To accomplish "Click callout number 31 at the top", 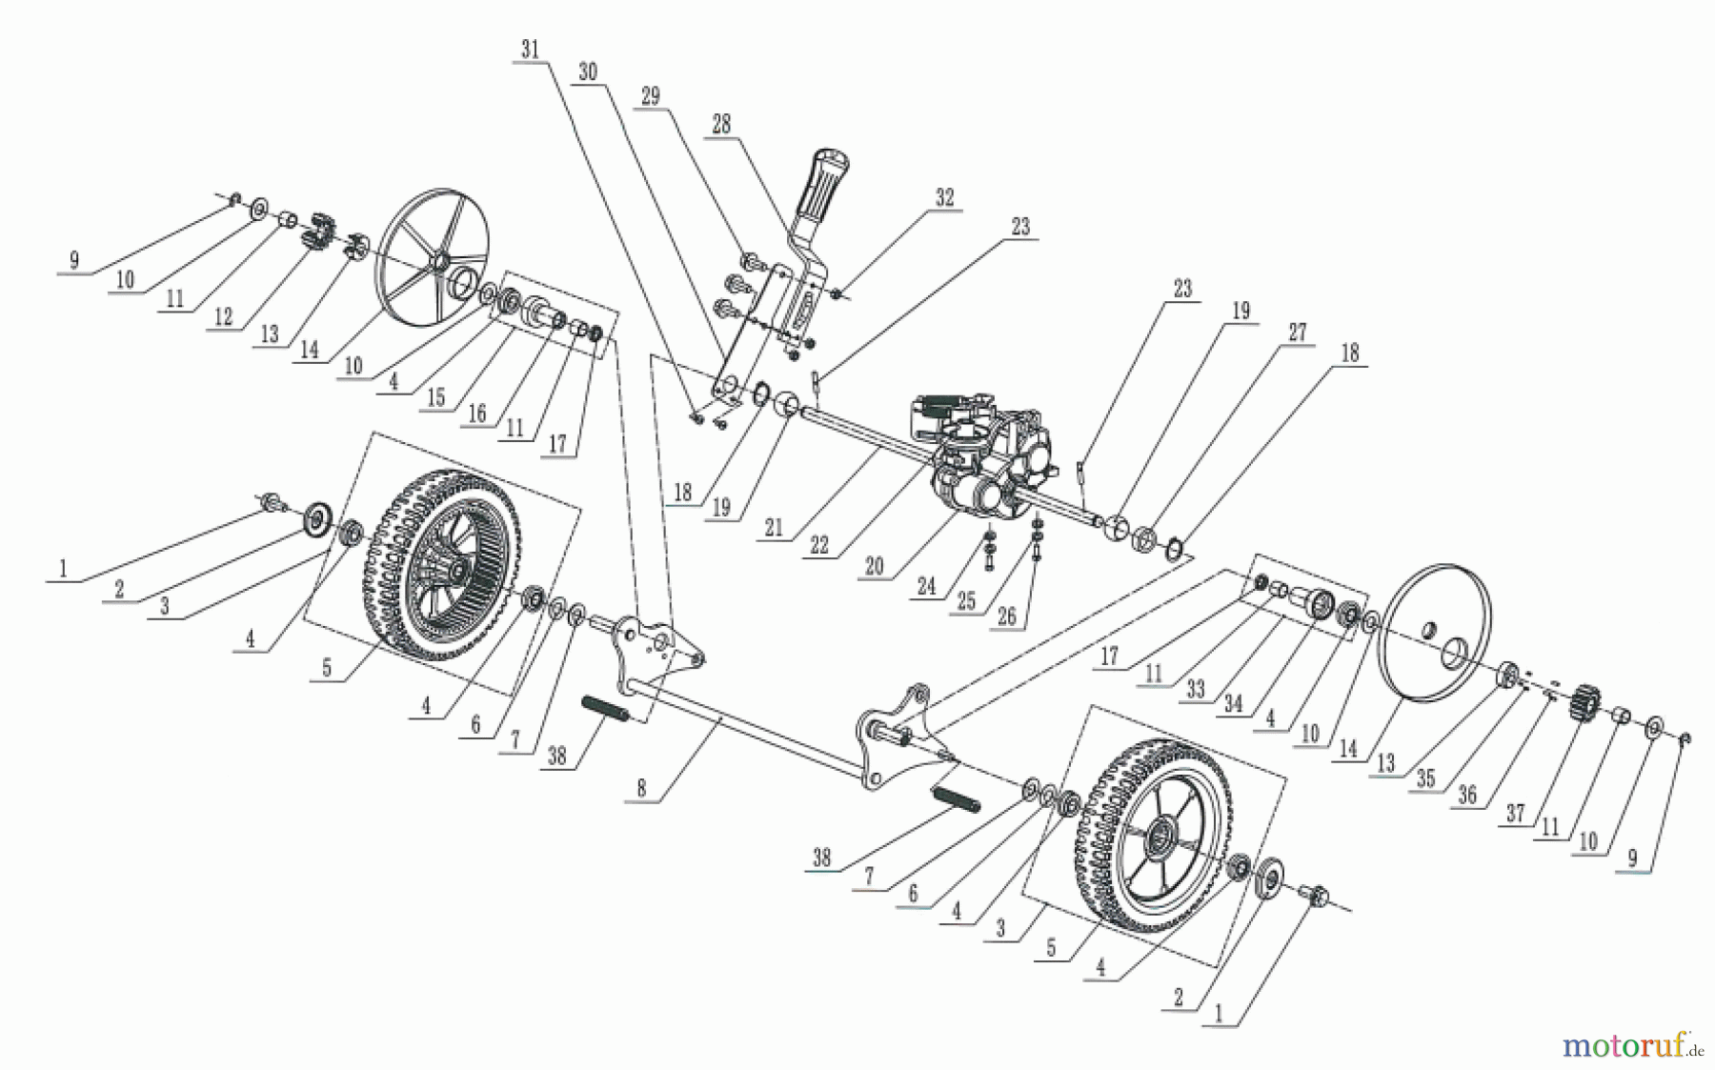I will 531,49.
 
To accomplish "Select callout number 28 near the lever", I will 721,123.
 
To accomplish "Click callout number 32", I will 944,197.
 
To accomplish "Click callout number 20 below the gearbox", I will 874,566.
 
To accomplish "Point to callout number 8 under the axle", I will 641,788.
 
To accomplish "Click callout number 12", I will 223,316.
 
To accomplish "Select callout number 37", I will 1515,813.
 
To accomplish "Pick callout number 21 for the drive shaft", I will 774,527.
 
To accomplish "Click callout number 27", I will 1298,332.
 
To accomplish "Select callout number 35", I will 1425,778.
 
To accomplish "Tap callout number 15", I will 436,397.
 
